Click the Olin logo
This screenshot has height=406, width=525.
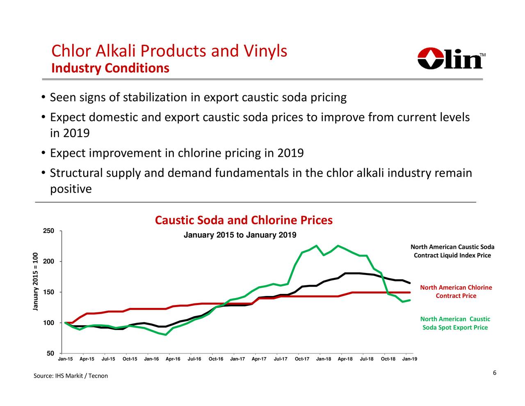tap(451, 59)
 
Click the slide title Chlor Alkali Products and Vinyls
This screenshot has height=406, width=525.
tap(169, 51)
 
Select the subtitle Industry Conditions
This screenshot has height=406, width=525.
tap(110, 68)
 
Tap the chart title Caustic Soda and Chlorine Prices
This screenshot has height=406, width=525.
tap(244, 220)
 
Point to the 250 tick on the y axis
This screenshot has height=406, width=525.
tap(48, 231)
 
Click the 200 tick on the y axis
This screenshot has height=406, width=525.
tap(48, 261)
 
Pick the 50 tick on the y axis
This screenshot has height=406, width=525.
tap(50, 353)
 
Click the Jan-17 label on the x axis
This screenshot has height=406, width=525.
tap(237, 359)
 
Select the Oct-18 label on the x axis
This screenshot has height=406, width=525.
tap(388, 359)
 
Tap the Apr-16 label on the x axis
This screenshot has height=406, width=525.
tap(173, 359)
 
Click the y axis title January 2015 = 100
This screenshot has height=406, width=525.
tap(36, 282)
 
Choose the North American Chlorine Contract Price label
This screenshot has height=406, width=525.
tap(456, 292)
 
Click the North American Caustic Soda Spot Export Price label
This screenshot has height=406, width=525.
tap(455, 323)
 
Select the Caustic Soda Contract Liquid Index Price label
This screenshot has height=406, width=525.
tap(452, 251)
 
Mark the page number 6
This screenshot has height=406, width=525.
tap(495, 373)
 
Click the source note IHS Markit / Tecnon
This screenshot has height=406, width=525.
tap(71, 376)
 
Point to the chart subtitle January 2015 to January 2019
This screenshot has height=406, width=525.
tap(240, 235)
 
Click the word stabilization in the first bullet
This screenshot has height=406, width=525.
tap(155, 98)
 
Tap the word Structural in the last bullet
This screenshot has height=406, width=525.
tap(76, 173)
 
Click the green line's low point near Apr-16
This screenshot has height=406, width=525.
tap(165, 335)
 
